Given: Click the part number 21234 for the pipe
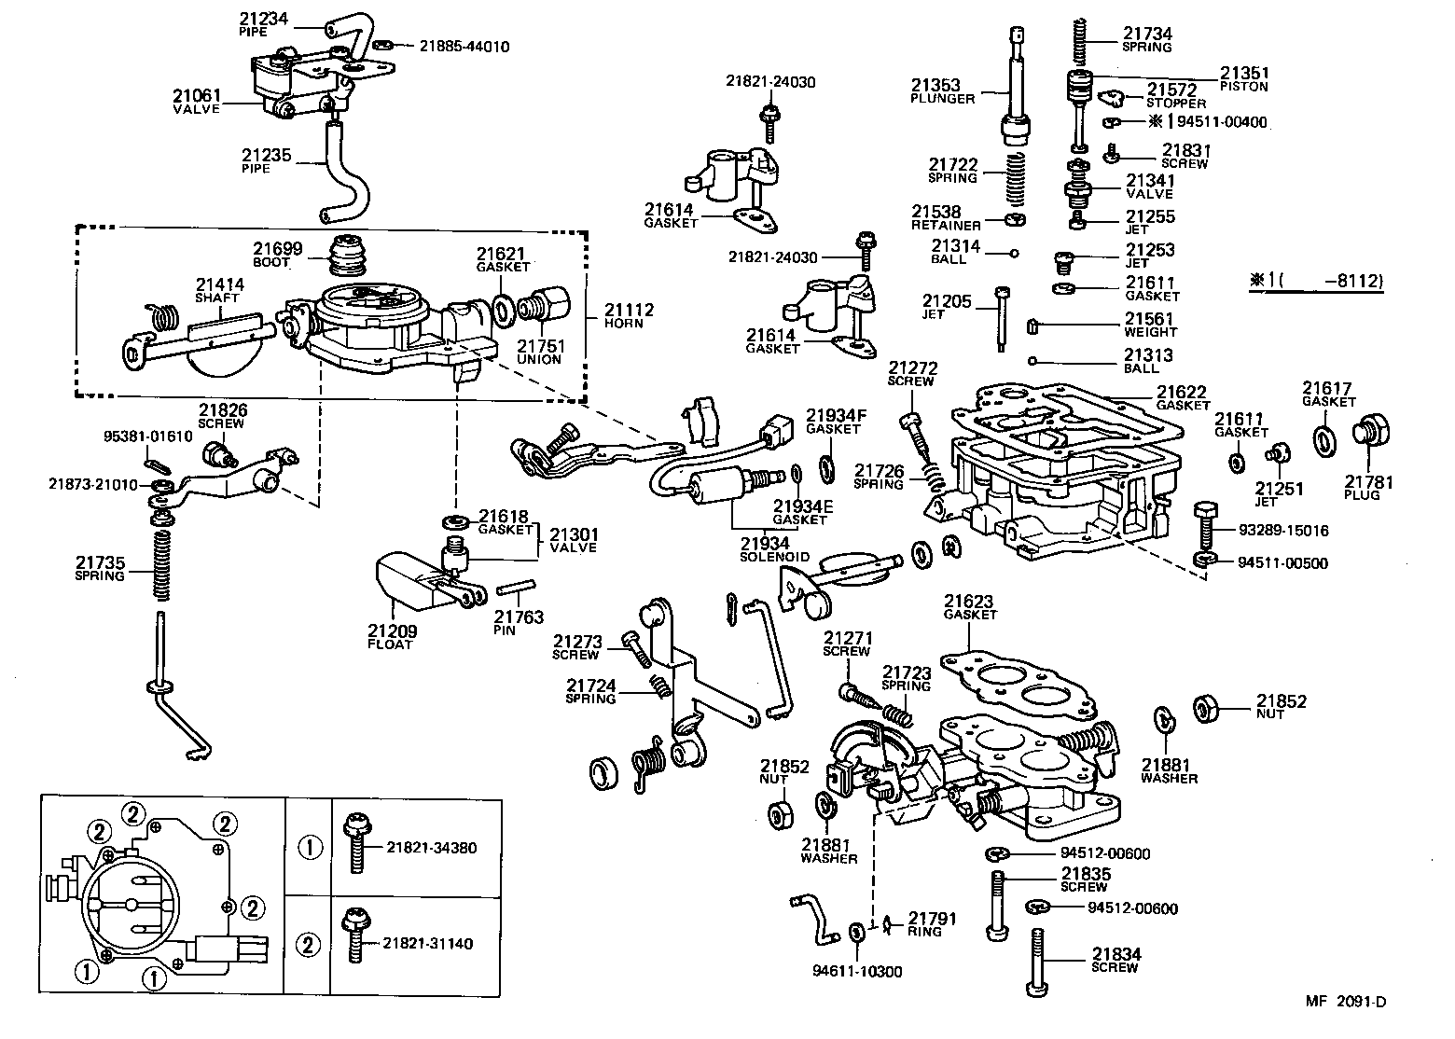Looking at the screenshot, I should pyautogui.click(x=264, y=19).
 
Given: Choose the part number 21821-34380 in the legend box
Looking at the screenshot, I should pyautogui.click(x=431, y=848).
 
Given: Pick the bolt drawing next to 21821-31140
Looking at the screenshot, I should pyautogui.click(x=354, y=935).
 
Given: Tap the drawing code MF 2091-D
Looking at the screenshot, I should pyautogui.click(x=1345, y=1002).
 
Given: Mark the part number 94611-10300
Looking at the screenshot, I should pyautogui.click(x=857, y=971).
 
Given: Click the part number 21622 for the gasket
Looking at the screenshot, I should pyautogui.click(x=1182, y=393).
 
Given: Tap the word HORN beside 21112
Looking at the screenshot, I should pyautogui.click(x=624, y=323).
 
